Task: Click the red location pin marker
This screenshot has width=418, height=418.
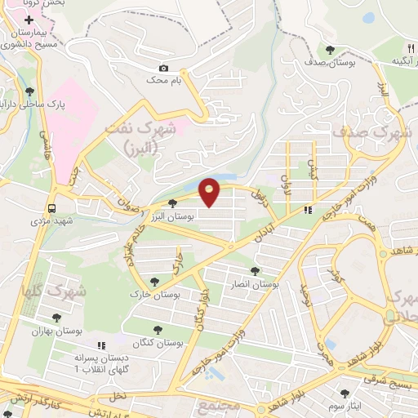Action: click(x=210, y=192)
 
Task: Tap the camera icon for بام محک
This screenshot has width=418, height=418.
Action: click(x=163, y=69)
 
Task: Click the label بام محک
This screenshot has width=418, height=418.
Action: click(x=162, y=81)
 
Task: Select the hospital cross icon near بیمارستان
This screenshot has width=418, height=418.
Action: click(x=29, y=18)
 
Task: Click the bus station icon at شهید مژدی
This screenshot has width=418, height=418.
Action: click(x=52, y=207)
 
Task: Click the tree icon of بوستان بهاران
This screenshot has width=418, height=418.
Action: click(x=57, y=318)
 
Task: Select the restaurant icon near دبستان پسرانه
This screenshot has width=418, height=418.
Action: click(x=102, y=346)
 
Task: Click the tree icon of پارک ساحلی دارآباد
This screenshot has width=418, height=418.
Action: click(x=30, y=91)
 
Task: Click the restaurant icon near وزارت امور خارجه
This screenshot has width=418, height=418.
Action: click(x=307, y=210)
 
